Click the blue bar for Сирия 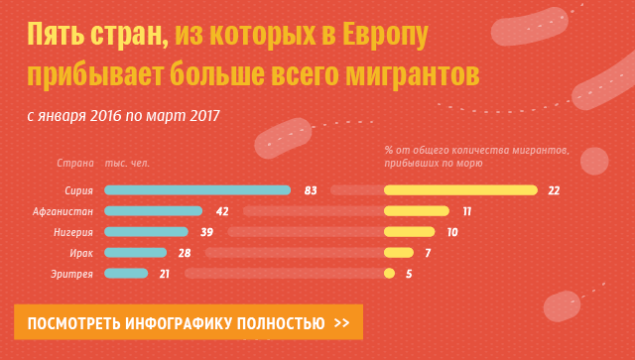pyautogui.click(x=196, y=190)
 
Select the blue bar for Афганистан pyautogui.click(x=153, y=211)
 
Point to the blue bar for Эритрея pyautogui.click(x=125, y=274)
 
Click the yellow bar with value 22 pyautogui.click(x=460, y=190)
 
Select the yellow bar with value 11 pyautogui.click(x=417, y=211)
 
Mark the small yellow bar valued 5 pyautogui.click(x=390, y=274)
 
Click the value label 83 pyautogui.click(x=311, y=190)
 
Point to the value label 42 pyautogui.click(x=222, y=211)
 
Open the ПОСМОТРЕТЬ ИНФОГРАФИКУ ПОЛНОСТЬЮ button pyautogui.click(x=188, y=323)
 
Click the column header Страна pyautogui.click(x=74, y=162)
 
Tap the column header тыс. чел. pyautogui.click(x=127, y=162)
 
